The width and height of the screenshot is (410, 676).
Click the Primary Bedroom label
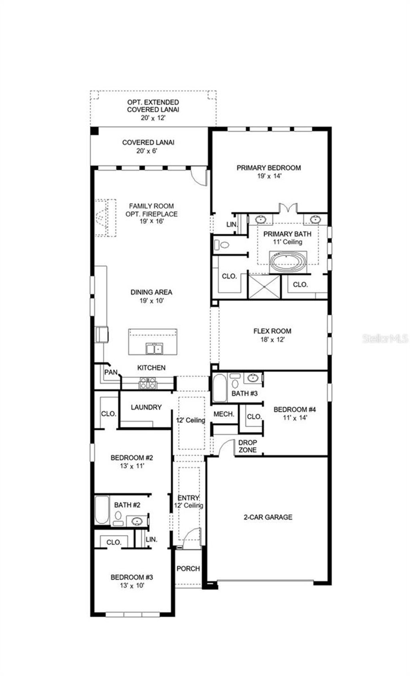pyautogui.click(x=268, y=168)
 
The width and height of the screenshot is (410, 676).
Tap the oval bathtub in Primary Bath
pyautogui.click(x=288, y=262)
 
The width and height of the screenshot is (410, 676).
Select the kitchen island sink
pyautogui.click(x=153, y=349)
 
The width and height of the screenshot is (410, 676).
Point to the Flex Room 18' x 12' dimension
pyautogui.click(x=272, y=340)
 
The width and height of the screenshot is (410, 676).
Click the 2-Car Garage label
pyautogui.click(x=268, y=517)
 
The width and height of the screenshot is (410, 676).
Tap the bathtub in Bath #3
pyautogui.click(x=219, y=388)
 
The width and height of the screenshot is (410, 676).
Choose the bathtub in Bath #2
pyautogui.click(x=102, y=510)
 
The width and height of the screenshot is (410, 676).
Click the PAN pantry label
pyautogui.click(x=111, y=372)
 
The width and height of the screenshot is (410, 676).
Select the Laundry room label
pyautogui.click(x=146, y=407)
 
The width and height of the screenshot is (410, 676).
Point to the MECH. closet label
pyautogui.click(x=224, y=414)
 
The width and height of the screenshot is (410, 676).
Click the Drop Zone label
pyautogui.click(x=247, y=446)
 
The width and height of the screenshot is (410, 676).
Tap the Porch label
pyautogui.click(x=188, y=569)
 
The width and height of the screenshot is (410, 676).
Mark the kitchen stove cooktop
pyautogui.click(x=148, y=383)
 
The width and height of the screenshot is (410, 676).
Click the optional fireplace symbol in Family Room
pyautogui.click(x=105, y=218)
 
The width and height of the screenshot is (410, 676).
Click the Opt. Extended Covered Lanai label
pyautogui.click(x=153, y=106)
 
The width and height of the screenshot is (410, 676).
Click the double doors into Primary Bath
pyautogui.click(x=288, y=208)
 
